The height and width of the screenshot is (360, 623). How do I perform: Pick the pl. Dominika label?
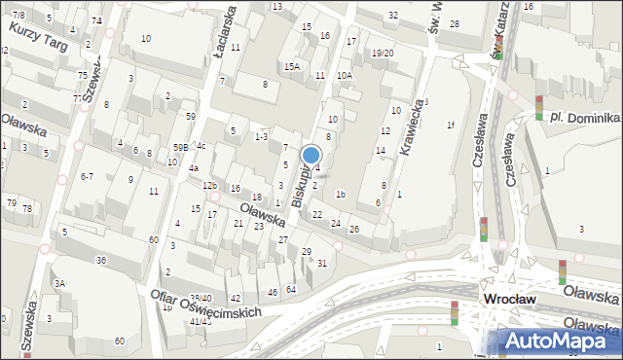click(583, 117)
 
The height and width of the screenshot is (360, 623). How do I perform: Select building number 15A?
click(292, 67)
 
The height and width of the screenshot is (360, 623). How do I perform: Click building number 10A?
click(344, 75)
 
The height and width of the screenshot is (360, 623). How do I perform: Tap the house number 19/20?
click(383, 53)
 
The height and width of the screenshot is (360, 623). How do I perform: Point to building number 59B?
click(180, 147)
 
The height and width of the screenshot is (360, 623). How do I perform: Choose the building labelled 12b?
click(209, 185)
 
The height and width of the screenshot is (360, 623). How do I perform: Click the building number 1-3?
click(261, 137)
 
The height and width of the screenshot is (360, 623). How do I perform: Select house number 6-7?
click(87, 176)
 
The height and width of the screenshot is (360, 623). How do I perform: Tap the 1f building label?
click(450, 125)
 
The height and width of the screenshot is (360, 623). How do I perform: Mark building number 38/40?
click(201, 298)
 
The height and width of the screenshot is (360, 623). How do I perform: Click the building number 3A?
click(59, 283)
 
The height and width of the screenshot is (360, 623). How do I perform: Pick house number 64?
click(291, 289)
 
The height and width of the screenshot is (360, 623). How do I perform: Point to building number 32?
click(393, 15)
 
